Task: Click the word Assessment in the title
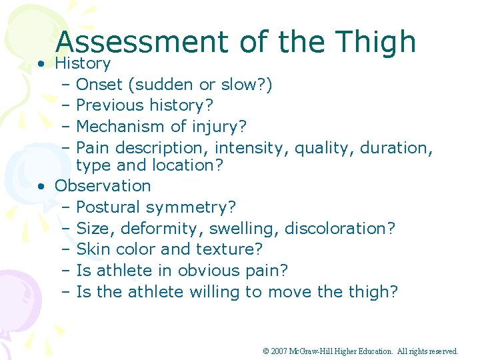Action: pyautogui.click(x=141, y=42)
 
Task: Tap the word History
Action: pyautogui.click(x=83, y=63)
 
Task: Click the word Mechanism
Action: pyautogui.click(x=117, y=126)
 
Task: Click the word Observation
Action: pyautogui.click(x=103, y=185)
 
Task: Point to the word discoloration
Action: pyautogui.click(x=339, y=229)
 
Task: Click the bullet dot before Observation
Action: pyautogui.click(x=41, y=187)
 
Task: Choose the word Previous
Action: pyautogui.click(x=110, y=105)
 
